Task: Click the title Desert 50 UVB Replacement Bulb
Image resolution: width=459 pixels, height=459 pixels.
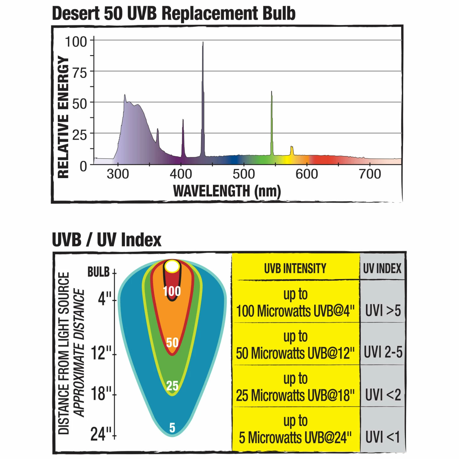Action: (174, 13)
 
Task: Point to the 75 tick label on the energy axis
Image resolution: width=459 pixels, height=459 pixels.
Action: (79, 73)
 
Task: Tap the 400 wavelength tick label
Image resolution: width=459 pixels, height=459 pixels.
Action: (181, 174)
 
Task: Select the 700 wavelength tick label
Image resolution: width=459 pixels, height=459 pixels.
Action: (370, 174)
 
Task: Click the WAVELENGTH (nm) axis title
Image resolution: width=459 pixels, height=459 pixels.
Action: (227, 191)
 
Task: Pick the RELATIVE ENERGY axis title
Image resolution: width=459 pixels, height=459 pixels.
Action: (63, 117)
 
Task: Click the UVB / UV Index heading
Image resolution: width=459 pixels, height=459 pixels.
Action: (106, 240)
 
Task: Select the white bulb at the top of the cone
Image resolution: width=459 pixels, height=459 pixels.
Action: (172, 267)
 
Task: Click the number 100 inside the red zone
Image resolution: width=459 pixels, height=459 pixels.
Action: (172, 291)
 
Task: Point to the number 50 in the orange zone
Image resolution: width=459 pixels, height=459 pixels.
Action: (172, 342)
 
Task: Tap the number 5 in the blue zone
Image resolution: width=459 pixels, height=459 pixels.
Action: (172, 427)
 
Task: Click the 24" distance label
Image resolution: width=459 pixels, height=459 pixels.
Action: (101, 434)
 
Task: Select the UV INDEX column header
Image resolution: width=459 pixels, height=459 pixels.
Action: (382, 268)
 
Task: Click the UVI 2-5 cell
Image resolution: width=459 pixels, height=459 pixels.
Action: (383, 352)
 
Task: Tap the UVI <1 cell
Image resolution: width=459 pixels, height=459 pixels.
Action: (382, 437)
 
